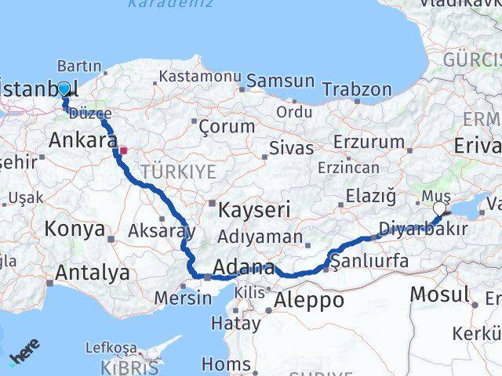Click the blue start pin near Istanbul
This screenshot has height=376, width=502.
(64, 89)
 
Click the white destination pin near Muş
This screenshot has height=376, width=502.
(439, 208)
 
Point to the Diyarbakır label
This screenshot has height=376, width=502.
(423, 230)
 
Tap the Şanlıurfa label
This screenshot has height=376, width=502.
(369, 261)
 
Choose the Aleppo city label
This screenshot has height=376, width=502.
(309, 300)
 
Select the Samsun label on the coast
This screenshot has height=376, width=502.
(280, 81)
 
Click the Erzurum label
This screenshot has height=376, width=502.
(368, 142)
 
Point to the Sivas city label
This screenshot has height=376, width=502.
(291, 148)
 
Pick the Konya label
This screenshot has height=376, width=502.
(75, 229)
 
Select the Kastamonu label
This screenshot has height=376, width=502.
(199, 77)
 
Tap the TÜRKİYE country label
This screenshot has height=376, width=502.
(177, 172)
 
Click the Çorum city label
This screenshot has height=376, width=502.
(227, 125)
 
